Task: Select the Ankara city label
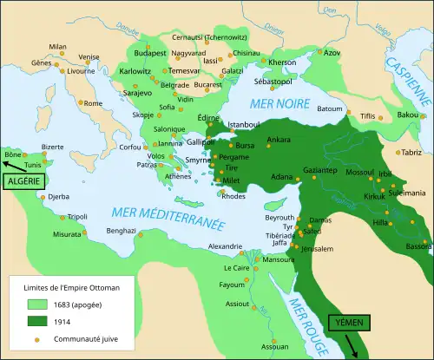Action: [x=279, y=140]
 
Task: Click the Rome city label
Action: [x=93, y=104]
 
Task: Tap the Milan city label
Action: [x=57, y=47]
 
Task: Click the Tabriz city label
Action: [x=411, y=152]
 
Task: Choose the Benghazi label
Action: [x=122, y=231]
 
